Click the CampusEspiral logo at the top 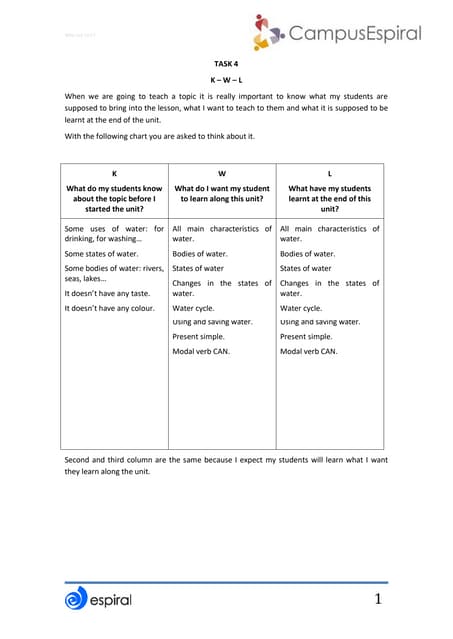335,33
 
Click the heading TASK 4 226,63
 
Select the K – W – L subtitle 226,78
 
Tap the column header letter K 114,173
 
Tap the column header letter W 221,173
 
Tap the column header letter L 329,173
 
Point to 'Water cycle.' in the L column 301,308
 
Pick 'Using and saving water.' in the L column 320,322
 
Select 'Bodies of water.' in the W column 200,254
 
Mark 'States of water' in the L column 306,268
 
